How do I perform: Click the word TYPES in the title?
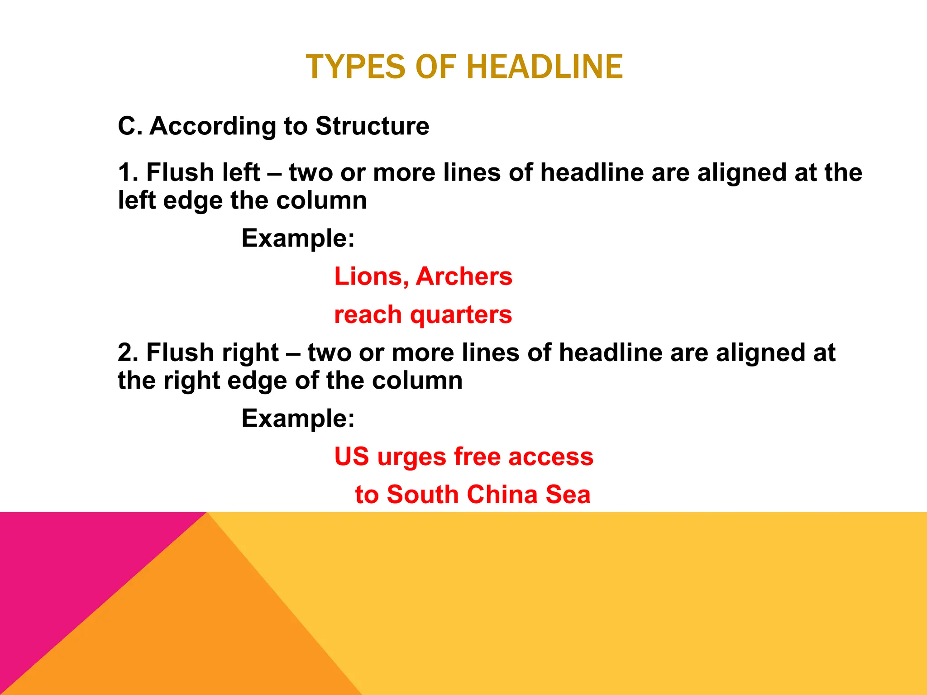coord(355,67)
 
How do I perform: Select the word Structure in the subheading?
coord(372,126)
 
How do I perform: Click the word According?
coord(213,127)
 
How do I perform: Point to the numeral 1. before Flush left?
coord(128,173)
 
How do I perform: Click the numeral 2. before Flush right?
coord(128,353)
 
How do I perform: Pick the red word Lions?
coord(371,276)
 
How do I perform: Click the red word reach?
coord(368,315)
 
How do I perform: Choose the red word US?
coord(352,457)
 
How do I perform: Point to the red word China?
coord(502,495)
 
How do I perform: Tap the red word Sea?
coord(568,495)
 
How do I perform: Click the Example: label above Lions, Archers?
coord(298,238)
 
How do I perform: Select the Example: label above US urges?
coord(298,419)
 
